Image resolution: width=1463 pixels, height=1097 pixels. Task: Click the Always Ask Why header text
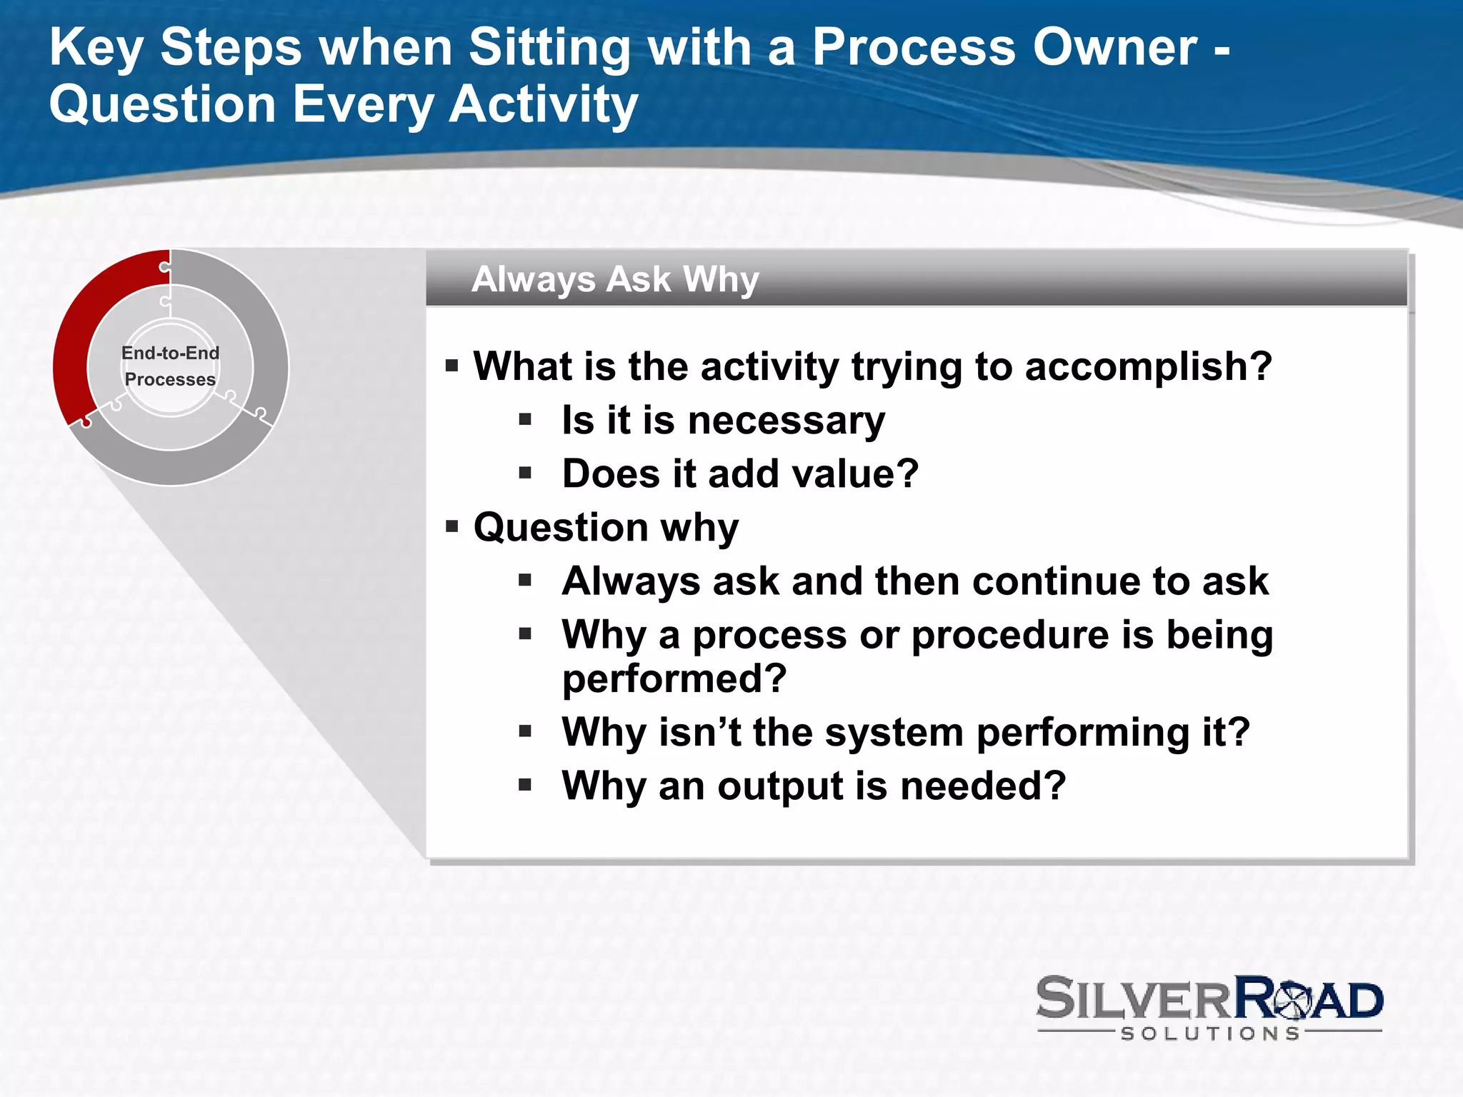[614, 279]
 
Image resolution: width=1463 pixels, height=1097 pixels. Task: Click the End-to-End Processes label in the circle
[170, 366]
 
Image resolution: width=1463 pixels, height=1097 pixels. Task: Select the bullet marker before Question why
[451, 527]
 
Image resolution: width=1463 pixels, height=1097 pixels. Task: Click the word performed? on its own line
[674, 678]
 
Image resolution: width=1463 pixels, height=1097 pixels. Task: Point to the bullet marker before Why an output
[525, 786]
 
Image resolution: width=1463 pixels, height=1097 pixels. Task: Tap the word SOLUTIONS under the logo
[1210, 1033]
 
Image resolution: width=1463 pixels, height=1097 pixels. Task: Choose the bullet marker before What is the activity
[451, 366]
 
